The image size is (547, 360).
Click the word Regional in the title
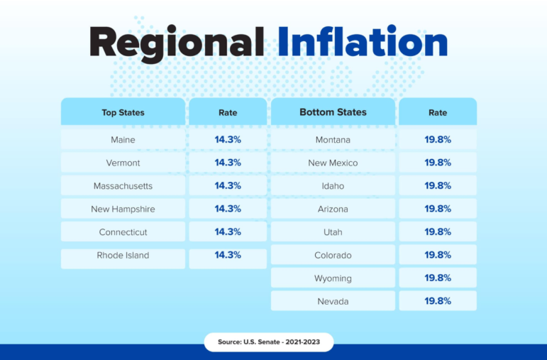(x=177, y=43)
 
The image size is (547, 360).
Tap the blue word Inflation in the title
(x=363, y=41)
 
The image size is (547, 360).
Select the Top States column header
(x=123, y=112)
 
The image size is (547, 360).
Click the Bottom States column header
(x=333, y=112)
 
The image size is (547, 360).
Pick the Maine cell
(x=123, y=140)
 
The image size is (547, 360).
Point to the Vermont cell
(x=123, y=163)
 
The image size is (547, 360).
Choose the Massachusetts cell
(x=123, y=186)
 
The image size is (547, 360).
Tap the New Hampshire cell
(x=123, y=209)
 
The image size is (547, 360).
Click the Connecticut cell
(x=123, y=232)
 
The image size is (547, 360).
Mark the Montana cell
(x=333, y=140)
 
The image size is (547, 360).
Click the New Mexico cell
(x=333, y=163)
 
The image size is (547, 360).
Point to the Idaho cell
(x=333, y=186)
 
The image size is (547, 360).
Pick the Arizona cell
(x=333, y=209)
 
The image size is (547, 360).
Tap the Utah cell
(x=333, y=232)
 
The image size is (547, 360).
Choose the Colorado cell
(x=333, y=255)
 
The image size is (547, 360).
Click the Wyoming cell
(x=333, y=278)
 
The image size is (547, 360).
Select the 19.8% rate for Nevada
(x=438, y=301)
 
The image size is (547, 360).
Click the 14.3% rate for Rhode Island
(x=228, y=255)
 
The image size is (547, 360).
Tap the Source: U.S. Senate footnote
(x=269, y=342)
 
